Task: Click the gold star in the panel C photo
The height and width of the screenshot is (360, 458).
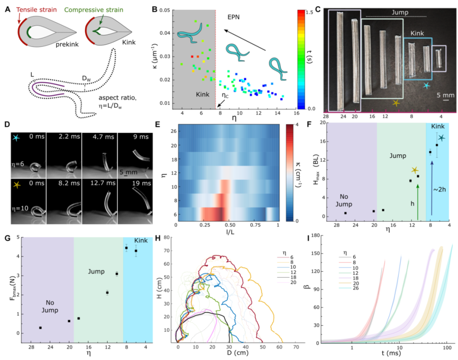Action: [x=396, y=103]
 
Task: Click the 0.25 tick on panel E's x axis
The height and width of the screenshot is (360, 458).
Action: [x=201, y=224]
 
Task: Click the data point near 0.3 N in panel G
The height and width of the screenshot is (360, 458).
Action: [x=40, y=328]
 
